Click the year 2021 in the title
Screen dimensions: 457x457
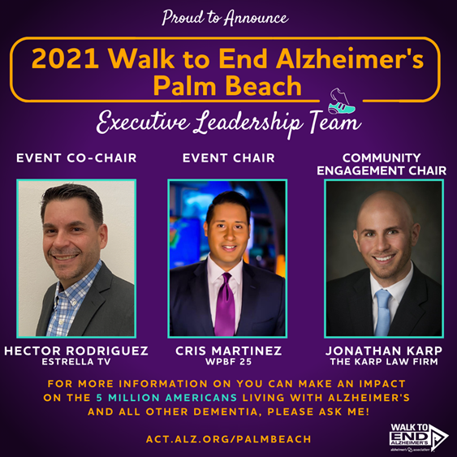pos(65,58)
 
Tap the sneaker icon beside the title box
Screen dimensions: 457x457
pos(341,101)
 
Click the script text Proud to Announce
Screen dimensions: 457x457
pos(225,18)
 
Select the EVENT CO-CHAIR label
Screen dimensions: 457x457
pos(76,158)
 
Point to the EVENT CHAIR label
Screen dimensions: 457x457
pos(229,158)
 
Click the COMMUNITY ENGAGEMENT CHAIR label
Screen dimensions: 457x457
pos(382,164)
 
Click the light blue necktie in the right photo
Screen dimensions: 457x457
pos(382,313)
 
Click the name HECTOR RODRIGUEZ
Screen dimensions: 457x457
pos(76,351)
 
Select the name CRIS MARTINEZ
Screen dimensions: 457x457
pos(229,351)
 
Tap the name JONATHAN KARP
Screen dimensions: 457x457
pos(384,351)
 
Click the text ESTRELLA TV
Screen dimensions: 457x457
pos(76,362)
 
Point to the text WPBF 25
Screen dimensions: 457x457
pos(229,362)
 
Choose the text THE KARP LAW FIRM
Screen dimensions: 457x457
pos(384,362)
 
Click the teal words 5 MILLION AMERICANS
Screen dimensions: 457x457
pos(166,398)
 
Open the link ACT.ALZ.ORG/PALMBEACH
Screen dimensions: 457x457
pos(229,439)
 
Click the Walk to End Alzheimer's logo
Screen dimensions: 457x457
pos(419,437)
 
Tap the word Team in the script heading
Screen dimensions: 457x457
pos(335,122)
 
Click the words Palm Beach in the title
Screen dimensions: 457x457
pos(227,85)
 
